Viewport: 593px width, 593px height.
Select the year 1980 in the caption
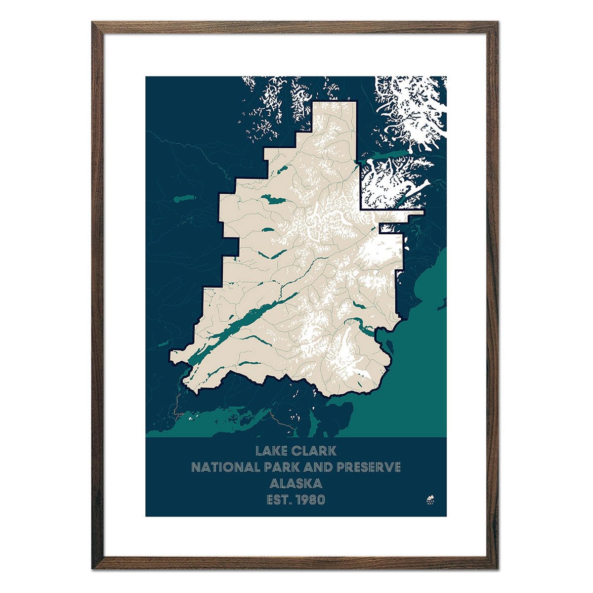pos(311,499)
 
